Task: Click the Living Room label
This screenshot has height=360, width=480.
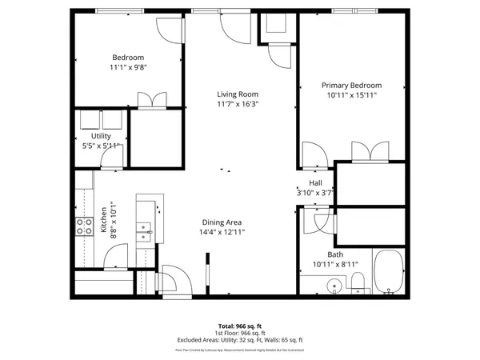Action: [x=238, y=94]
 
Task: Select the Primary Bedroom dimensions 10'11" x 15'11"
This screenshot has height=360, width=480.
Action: [x=351, y=95]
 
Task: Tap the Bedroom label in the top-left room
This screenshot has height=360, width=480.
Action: [x=127, y=58]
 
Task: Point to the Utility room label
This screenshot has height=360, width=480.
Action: [x=101, y=137]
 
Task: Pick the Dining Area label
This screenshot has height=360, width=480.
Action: [x=222, y=222]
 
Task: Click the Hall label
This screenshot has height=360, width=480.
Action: [x=315, y=183]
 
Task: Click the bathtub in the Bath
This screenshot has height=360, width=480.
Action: [x=390, y=273]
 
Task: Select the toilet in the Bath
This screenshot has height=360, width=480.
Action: [x=358, y=281]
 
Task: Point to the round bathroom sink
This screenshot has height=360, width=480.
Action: [x=334, y=284]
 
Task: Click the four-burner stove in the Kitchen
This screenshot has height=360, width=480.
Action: [x=82, y=226]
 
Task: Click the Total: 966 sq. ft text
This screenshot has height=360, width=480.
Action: [x=240, y=326]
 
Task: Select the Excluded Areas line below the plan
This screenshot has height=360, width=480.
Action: [x=240, y=340]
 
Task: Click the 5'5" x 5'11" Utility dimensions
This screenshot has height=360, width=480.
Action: [x=100, y=146]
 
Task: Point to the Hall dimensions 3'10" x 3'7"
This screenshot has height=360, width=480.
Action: [x=315, y=193]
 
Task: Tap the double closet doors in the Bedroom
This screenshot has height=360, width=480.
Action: [x=152, y=100]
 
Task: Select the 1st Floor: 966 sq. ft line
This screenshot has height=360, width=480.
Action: [x=240, y=333]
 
